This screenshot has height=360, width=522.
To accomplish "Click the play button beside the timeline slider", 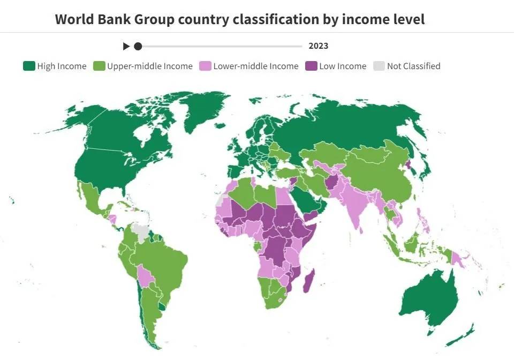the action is pyautogui.click(x=126, y=46).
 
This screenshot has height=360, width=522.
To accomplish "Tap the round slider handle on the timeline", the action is pyautogui.click(x=138, y=46).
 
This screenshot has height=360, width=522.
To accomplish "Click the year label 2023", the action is pyautogui.click(x=318, y=46).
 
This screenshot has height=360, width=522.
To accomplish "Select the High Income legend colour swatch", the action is pyautogui.click(x=29, y=66).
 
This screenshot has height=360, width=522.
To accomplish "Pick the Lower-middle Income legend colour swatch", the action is pyautogui.click(x=205, y=66).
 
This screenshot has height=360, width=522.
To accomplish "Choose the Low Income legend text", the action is pyautogui.click(x=343, y=66).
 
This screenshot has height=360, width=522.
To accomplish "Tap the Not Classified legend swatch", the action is pyautogui.click(x=379, y=66).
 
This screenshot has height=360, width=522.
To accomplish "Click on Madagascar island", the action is pyautogui.click(x=309, y=281).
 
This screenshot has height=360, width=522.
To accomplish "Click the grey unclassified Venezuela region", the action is pyautogui.click(x=141, y=231).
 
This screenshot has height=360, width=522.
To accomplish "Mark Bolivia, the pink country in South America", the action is pyautogui.click(x=145, y=275).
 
